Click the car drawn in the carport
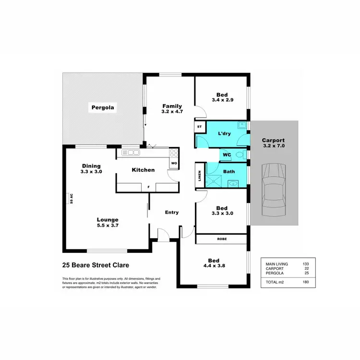click(x=274, y=192)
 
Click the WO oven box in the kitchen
click(x=174, y=164)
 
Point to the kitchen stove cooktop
click(x=174, y=153)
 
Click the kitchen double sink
click(x=131, y=153)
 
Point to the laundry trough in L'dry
click(x=242, y=125)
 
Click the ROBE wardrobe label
click(x=222, y=239)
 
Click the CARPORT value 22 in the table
click(x=306, y=268)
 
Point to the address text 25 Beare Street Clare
click(x=96, y=264)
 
